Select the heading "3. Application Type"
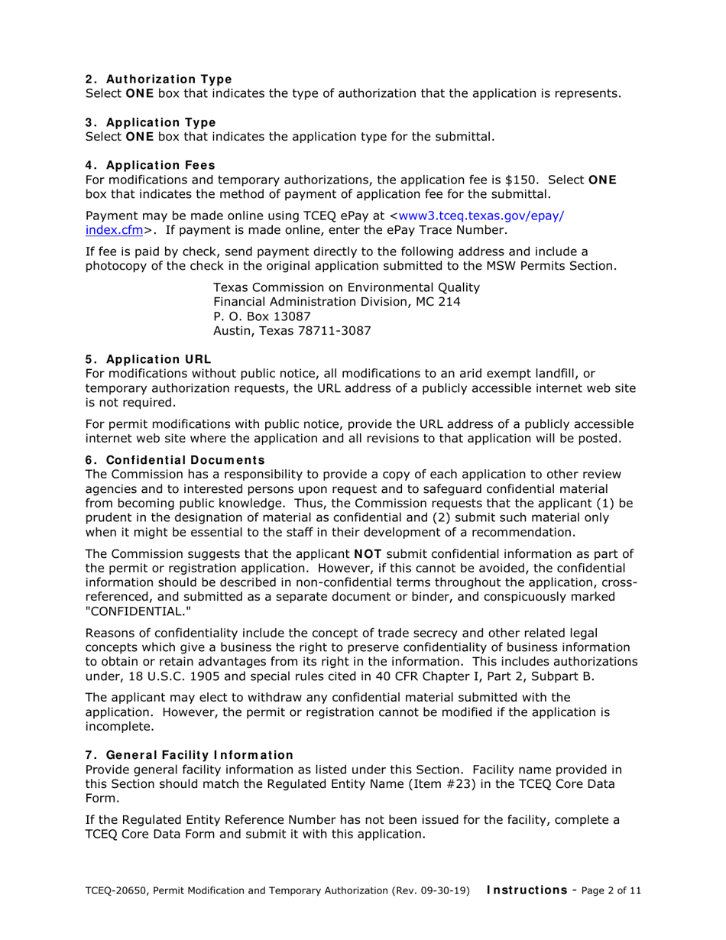pos(150,122)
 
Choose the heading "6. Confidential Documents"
pos(174,459)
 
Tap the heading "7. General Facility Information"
pos(189,755)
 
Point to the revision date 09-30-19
pos(445,890)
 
